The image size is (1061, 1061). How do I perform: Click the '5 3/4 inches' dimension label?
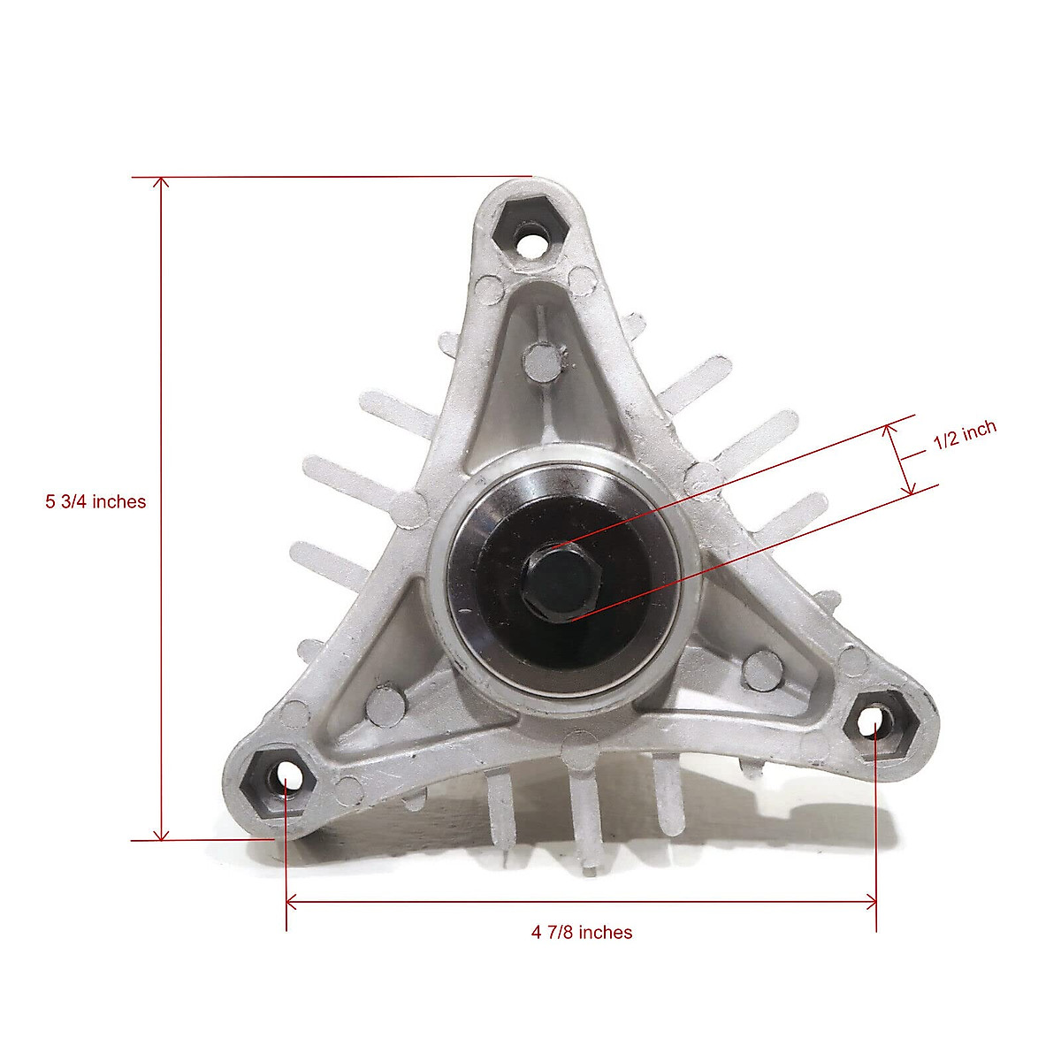pos(95,501)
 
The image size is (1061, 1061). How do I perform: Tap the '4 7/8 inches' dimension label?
pos(582,932)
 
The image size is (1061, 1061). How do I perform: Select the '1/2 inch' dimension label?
pos(965,435)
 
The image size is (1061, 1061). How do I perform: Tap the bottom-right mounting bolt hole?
pos(874,727)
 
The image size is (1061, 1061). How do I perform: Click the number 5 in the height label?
pos(50,501)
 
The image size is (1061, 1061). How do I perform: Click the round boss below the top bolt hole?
pos(541,361)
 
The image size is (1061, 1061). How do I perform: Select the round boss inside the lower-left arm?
pos(385,703)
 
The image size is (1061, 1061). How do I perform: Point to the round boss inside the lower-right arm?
pos(760,670)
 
